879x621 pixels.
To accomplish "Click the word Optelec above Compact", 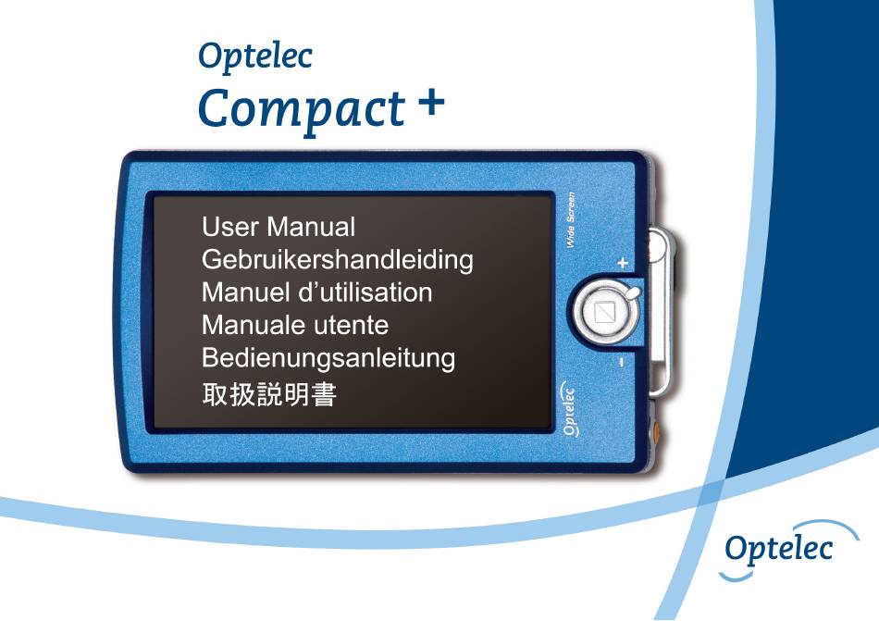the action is point(255,57).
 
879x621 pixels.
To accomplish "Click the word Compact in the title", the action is point(302,110).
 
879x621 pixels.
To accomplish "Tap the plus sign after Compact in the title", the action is point(431,102).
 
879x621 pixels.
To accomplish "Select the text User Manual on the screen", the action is point(279,227).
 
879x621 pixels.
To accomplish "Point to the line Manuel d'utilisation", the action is point(316,292).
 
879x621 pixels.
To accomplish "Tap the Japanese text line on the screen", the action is point(269,394).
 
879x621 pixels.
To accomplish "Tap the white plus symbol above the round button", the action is point(623,262).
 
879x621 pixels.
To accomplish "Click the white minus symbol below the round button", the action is point(622,362).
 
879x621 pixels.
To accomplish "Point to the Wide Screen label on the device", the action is point(571,219).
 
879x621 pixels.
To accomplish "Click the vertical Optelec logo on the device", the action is point(568,408).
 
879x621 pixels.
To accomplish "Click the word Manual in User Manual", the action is point(311,227).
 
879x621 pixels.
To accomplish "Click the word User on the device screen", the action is point(230,227).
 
